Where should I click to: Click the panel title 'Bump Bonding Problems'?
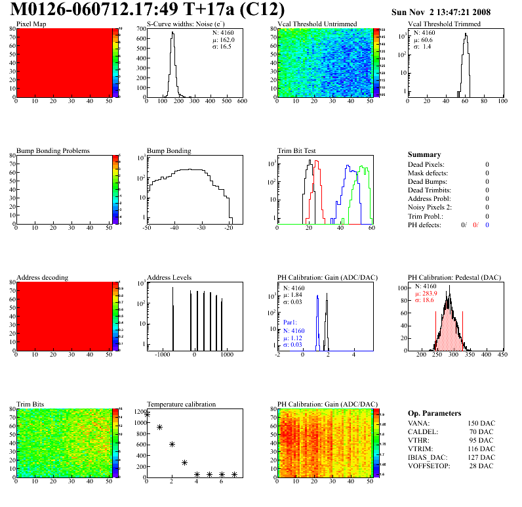(53, 150)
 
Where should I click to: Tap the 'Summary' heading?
(424, 154)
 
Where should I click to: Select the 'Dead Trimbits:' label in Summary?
(430, 190)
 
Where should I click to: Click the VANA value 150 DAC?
(481, 423)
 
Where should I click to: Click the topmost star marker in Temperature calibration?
(147, 414)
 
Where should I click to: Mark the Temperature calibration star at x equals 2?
(172, 445)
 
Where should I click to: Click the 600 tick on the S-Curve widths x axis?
(241, 102)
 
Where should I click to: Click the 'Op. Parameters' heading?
(434, 413)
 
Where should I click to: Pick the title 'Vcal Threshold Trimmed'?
(444, 24)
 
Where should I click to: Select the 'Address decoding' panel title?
(42, 277)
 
